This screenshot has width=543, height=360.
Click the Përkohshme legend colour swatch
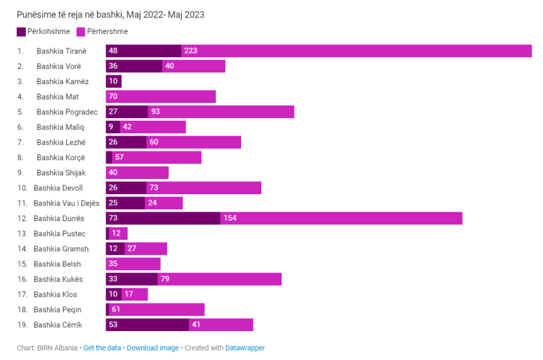(x=21, y=32)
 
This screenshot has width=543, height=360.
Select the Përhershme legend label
(x=108, y=32)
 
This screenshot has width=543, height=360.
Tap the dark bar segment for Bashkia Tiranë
(x=143, y=51)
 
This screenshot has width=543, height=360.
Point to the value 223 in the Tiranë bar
(x=190, y=51)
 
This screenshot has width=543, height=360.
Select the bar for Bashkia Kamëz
(x=114, y=81)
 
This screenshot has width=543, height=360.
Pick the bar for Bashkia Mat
(x=161, y=96)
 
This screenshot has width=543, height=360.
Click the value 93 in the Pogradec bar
(x=155, y=112)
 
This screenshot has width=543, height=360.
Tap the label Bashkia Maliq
(x=60, y=127)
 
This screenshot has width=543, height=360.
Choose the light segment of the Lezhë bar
(x=193, y=142)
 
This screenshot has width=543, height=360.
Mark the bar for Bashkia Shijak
(x=137, y=172)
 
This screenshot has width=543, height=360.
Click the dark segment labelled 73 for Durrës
(x=163, y=218)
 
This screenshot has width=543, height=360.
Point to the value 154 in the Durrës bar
(x=230, y=218)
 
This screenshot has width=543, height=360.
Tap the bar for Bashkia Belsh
(x=133, y=264)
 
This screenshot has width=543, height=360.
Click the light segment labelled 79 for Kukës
(x=219, y=279)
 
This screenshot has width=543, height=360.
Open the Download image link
(x=153, y=348)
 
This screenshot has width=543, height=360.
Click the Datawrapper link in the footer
(x=246, y=348)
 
